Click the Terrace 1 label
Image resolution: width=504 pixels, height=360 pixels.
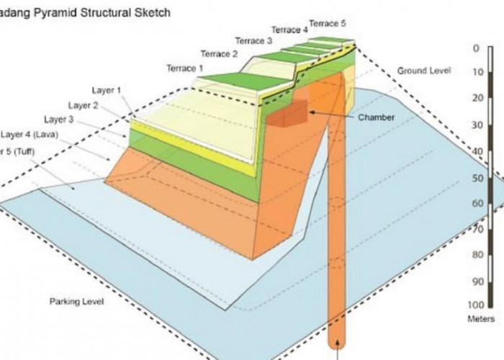(186, 68)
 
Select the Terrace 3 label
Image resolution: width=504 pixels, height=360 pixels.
(253, 41)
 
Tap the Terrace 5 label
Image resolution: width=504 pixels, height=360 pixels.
(328, 23)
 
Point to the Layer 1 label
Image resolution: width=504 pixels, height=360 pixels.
(107, 90)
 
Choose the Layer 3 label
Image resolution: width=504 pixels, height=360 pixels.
(58, 119)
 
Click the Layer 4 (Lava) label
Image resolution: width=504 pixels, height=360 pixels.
(30, 134)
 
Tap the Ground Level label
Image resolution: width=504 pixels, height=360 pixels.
(424, 71)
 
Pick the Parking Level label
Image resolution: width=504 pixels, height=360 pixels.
(76, 301)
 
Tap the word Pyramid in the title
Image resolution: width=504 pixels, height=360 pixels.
(54, 13)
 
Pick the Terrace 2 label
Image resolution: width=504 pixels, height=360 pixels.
(219, 54)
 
